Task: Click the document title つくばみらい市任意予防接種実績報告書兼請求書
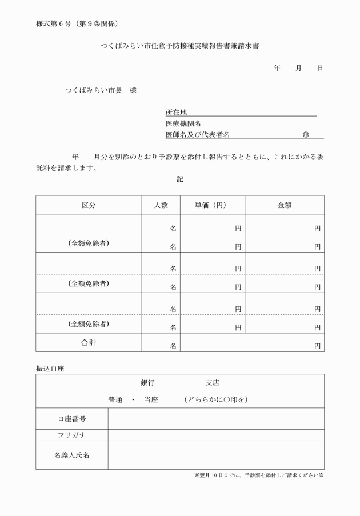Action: (179, 45)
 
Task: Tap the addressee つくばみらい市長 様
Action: (101, 90)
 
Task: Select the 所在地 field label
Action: (176, 113)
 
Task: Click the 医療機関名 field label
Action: (183, 123)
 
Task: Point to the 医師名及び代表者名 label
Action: (197, 135)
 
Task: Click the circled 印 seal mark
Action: (306, 135)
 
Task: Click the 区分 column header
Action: (89, 205)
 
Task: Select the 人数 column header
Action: (161, 205)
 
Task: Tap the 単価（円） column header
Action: (212, 205)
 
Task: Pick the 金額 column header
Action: (285, 205)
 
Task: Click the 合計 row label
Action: (89, 343)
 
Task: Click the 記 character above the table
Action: (180, 179)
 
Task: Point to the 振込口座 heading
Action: (50, 369)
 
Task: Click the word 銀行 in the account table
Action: (147, 383)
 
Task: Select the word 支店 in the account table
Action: (213, 383)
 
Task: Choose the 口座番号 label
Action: (72, 419)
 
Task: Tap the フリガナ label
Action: (72, 435)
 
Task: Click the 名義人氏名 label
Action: (72, 455)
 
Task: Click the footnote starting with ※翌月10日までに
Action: (259, 475)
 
